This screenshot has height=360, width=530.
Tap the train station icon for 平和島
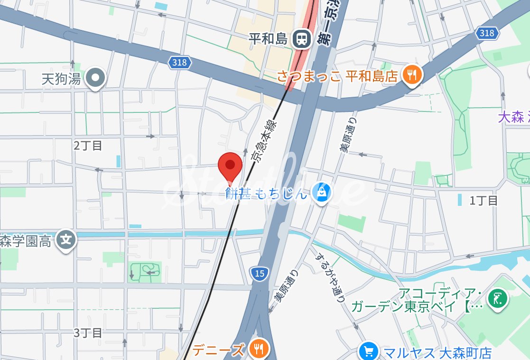click(x=302, y=39)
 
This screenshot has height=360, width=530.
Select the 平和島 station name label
click(x=269, y=39)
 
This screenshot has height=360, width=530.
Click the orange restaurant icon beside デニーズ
click(x=260, y=350)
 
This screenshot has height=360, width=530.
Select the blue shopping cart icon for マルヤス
click(x=368, y=352)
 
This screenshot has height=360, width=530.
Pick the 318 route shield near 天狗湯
click(x=180, y=62)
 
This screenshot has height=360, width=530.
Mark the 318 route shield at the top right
click(x=486, y=33)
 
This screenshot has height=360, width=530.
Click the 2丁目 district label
click(x=88, y=146)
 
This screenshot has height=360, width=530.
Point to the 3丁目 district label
click(x=88, y=332)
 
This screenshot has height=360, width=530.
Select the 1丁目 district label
click(x=484, y=201)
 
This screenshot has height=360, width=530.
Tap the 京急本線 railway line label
click(x=264, y=141)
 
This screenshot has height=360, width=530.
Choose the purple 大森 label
click(x=511, y=117)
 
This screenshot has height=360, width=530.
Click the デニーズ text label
click(x=219, y=350)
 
